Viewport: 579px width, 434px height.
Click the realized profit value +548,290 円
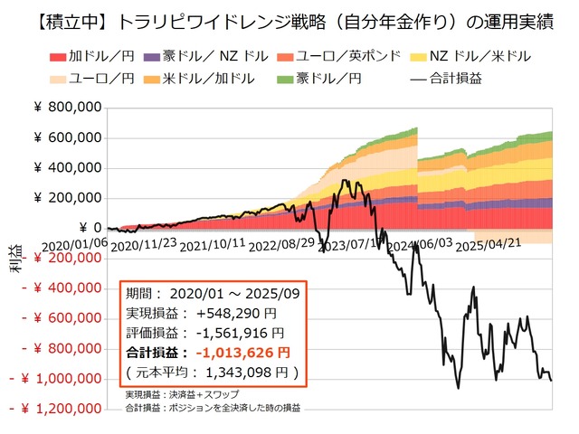coord(230,314)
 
